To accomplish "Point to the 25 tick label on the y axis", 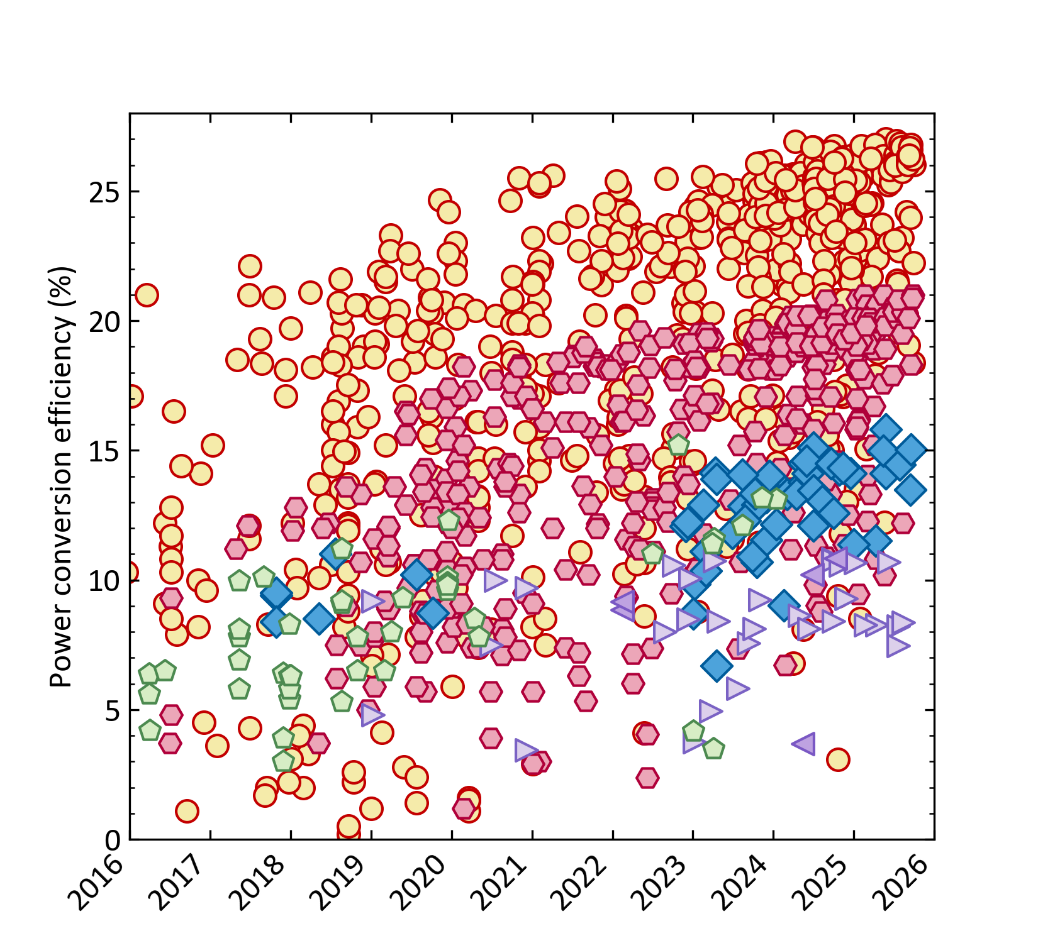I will pos(104,192).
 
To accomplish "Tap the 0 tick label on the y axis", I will pos(113,840).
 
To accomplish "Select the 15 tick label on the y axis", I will pos(104,451).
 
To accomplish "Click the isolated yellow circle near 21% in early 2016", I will pos(146,295).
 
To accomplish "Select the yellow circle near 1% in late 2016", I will pos(187,811).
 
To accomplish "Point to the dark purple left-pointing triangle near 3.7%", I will pos(804,743).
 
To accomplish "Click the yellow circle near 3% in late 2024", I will pos(838,759).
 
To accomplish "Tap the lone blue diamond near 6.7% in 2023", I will pos(716,665).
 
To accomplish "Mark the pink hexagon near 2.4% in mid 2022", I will pos(647,778).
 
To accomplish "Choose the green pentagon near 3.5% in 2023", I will pos(713,749).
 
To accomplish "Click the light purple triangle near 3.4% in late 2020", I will pos(526,750).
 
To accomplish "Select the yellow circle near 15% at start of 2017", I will pos(213,445).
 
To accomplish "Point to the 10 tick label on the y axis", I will pos(104,581).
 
